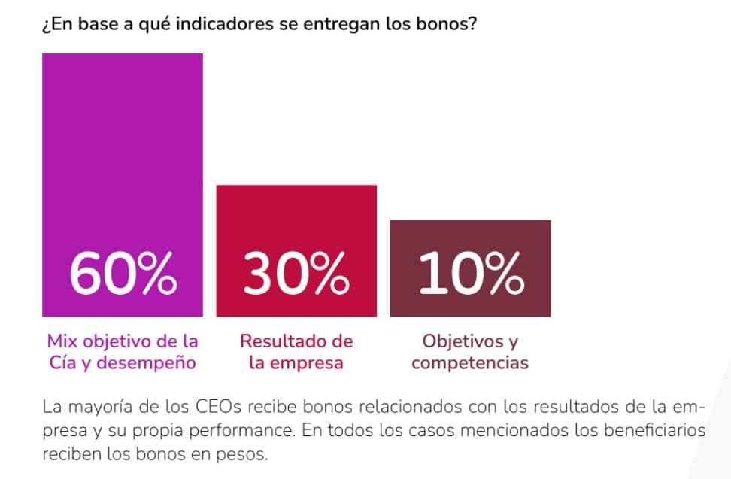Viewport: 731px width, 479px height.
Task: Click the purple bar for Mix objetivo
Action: tap(122, 150)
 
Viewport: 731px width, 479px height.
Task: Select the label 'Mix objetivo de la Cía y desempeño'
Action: tap(122, 352)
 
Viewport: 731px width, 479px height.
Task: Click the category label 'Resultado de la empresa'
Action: tap(296, 352)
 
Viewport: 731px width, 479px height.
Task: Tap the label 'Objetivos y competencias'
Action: tap(470, 352)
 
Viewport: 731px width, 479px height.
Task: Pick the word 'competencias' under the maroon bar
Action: tap(470, 363)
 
